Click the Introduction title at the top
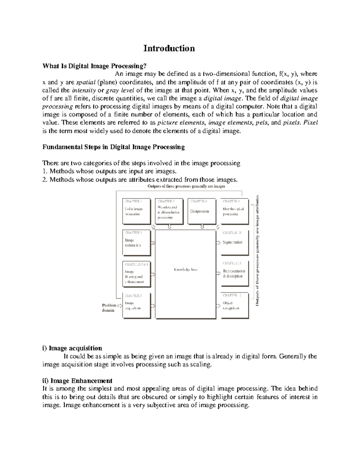169,48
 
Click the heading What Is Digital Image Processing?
96,66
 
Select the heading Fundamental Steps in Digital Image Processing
114,147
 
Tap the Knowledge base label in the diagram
185,269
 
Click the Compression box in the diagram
201,211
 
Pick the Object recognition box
234,305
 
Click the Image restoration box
136,242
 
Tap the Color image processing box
136,211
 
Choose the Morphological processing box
234,211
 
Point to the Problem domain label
109,308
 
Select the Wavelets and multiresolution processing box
169,211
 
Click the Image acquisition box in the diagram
136,305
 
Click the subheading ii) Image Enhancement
77,381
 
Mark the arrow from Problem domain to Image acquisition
120,305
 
